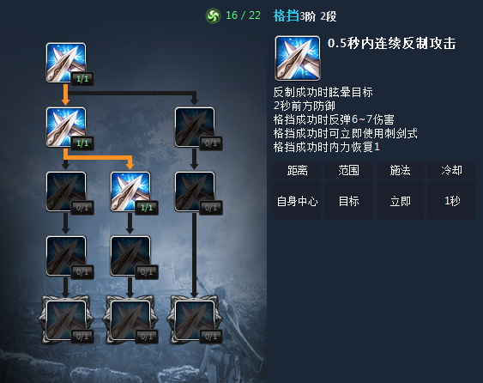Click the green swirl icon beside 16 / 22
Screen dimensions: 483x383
tap(213, 15)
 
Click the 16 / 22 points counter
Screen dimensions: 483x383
tap(243, 15)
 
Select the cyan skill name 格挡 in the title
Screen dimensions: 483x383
tap(287, 15)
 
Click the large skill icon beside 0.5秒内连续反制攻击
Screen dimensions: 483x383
tap(298, 58)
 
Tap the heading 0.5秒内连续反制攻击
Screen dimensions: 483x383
tap(391, 43)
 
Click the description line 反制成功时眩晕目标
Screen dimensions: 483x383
tap(323, 92)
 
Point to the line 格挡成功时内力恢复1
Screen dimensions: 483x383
tap(327, 147)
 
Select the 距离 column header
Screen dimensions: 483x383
tap(297, 171)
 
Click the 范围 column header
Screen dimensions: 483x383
tap(348, 171)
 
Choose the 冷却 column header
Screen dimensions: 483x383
tap(452, 171)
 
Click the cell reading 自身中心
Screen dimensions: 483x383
tap(297, 201)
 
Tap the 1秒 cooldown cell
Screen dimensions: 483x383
tap(452, 201)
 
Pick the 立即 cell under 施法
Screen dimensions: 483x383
tap(400, 201)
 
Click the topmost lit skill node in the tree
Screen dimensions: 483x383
tap(66, 63)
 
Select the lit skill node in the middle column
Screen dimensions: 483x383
tap(130, 191)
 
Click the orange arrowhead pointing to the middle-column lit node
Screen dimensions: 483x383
tap(130, 166)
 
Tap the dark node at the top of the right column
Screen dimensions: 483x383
tap(195, 127)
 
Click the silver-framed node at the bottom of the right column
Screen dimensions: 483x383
tap(195, 320)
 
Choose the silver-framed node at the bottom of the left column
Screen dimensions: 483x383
tap(66, 320)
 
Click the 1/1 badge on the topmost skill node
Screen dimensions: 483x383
tap(82, 79)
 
